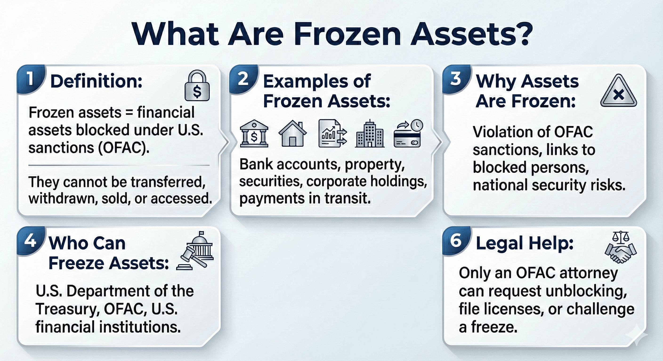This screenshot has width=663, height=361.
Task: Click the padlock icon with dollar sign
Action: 197,86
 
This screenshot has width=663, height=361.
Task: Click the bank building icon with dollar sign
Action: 254,133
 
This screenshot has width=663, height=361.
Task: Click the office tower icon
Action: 370,133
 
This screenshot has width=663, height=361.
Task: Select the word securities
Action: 271,181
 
